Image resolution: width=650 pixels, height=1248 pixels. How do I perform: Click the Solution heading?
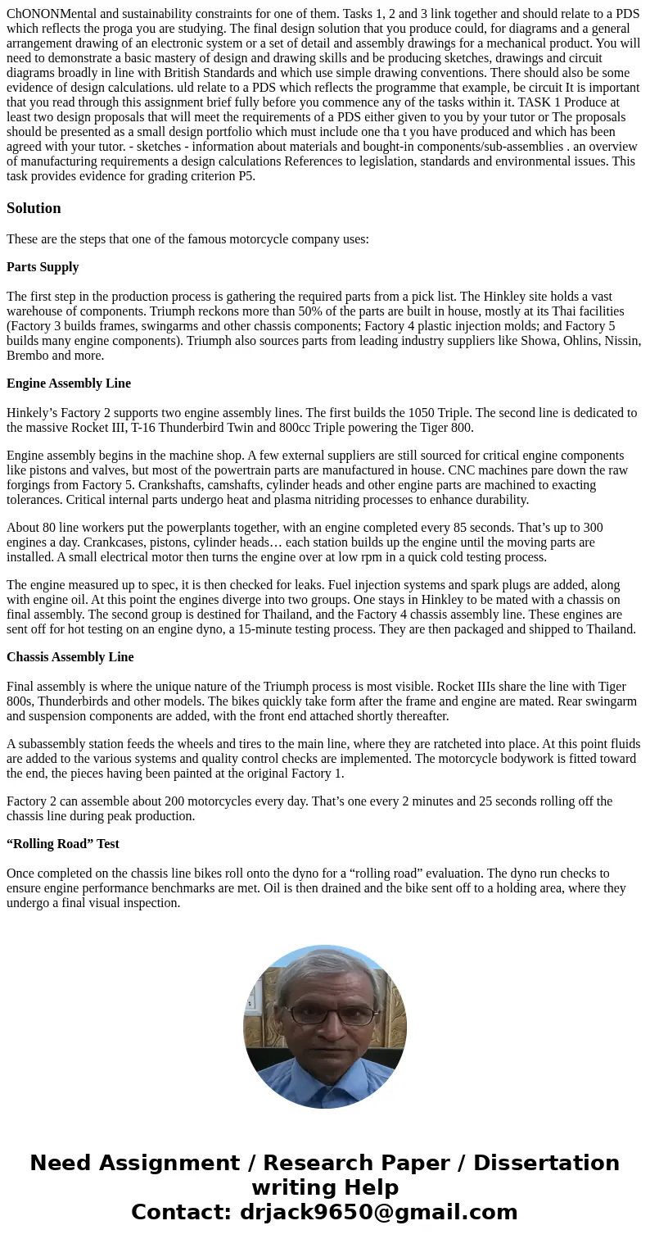point(34,208)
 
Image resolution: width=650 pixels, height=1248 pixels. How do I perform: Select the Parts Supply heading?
point(43,267)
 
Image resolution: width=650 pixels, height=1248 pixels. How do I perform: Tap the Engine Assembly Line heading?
point(69,383)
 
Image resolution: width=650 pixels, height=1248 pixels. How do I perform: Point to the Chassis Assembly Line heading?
point(70,657)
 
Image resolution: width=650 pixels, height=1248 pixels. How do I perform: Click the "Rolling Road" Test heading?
point(63,844)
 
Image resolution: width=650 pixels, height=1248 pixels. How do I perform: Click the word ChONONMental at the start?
point(50,15)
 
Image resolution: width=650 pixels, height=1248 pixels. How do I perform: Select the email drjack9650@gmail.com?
point(378,1212)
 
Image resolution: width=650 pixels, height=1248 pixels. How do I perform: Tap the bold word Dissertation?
point(546,1163)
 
